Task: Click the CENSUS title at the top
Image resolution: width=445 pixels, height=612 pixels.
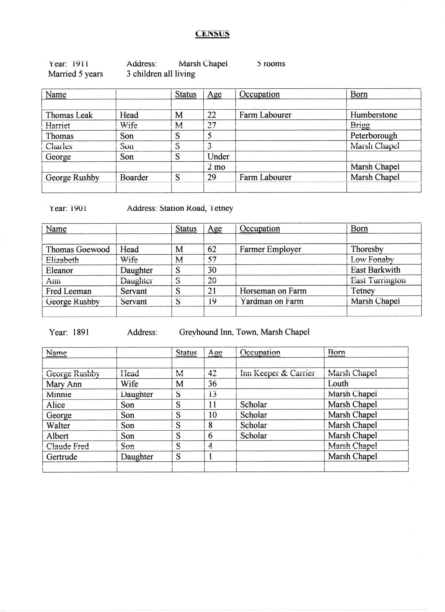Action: pyautogui.click(x=212, y=34)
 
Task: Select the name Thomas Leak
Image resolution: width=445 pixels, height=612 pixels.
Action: pyautogui.click(x=69, y=115)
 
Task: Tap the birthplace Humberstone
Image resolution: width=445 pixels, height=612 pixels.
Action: pyautogui.click(x=374, y=115)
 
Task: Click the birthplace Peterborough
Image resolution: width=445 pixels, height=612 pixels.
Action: pyautogui.click(x=374, y=136)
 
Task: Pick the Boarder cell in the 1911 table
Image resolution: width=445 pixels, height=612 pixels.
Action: pyautogui.click(x=134, y=178)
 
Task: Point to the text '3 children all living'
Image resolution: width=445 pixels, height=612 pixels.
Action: pyautogui.click(x=161, y=74)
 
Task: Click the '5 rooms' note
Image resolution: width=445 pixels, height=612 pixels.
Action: pyautogui.click(x=271, y=64)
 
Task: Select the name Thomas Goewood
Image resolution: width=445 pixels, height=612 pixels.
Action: pyautogui.click(x=78, y=249)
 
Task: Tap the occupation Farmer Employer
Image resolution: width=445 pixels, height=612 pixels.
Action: pyautogui.click(x=270, y=249)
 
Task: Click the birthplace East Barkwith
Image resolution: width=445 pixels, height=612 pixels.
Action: pyautogui.click(x=375, y=270)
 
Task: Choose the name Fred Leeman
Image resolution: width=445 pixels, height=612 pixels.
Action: pyautogui.click(x=68, y=291)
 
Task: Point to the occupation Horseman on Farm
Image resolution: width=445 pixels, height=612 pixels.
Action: pyautogui.click(x=273, y=291)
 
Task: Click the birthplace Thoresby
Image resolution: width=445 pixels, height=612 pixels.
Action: pyautogui.click(x=367, y=249)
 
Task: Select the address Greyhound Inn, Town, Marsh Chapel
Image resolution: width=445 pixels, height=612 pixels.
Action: pyautogui.click(x=244, y=332)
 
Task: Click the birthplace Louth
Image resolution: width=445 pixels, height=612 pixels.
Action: pyautogui.click(x=338, y=384)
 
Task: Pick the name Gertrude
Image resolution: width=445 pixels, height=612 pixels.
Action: pyautogui.click(x=62, y=457)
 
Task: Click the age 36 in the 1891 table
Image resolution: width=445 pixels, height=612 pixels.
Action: pyautogui.click(x=212, y=384)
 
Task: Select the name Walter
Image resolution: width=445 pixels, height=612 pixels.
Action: pyautogui.click(x=58, y=426)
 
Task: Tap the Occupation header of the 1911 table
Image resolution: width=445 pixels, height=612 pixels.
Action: pyautogui.click(x=259, y=94)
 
